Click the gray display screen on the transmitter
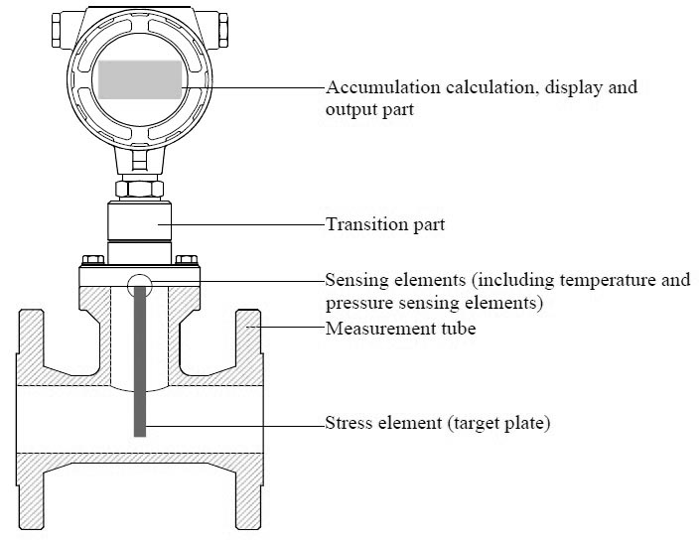point(140,79)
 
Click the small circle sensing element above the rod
point(140,284)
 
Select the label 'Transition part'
point(385,225)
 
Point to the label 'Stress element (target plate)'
point(438,424)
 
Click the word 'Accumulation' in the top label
point(373,87)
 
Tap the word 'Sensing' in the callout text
point(354,280)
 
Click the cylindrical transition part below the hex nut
point(140,223)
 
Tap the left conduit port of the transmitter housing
point(52,29)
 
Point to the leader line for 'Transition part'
point(248,225)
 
